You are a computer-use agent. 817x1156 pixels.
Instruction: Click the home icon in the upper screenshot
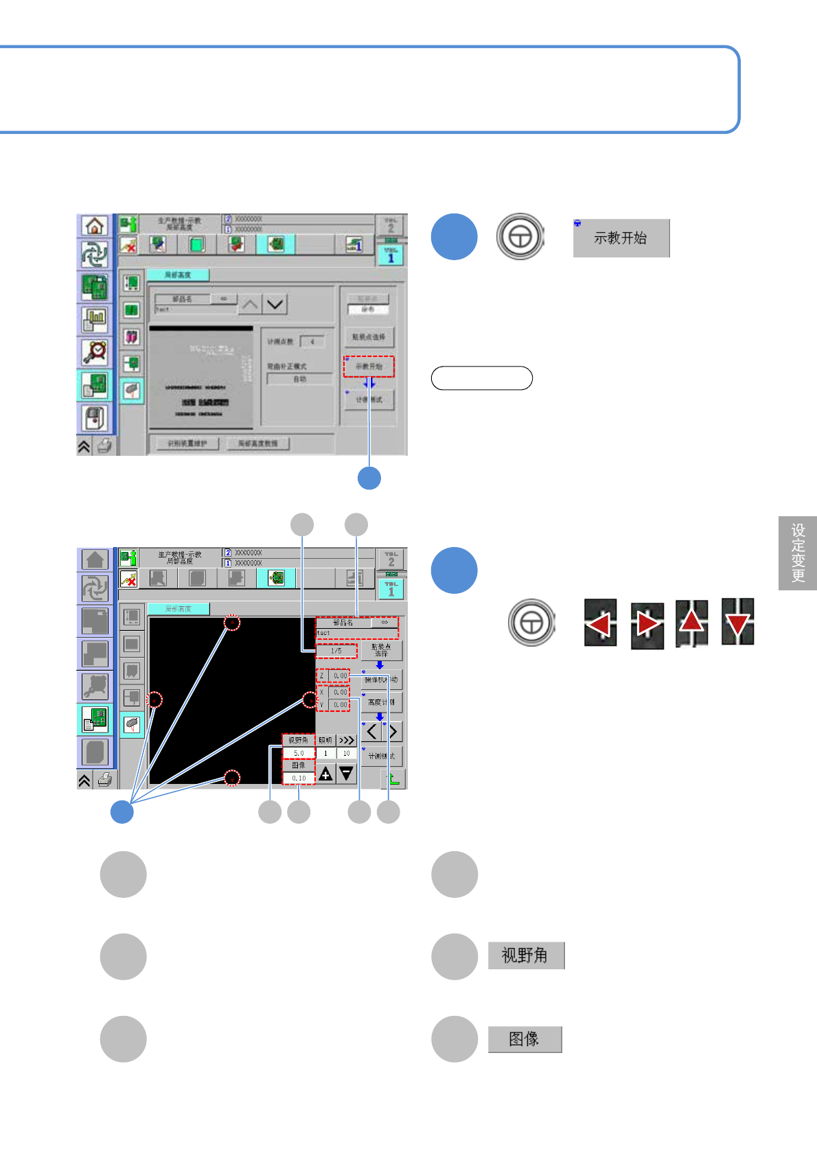[x=95, y=225]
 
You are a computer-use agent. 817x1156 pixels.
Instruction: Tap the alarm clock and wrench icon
[x=95, y=352]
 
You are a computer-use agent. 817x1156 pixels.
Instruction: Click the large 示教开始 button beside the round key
[x=621, y=238]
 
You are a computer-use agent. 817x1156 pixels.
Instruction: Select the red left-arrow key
[x=600, y=623]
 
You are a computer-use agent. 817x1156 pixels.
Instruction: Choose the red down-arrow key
[x=737, y=622]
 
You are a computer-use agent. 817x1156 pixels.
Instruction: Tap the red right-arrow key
[x=647, y=624]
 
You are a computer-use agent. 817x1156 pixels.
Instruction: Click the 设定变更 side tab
[x=798, y=553]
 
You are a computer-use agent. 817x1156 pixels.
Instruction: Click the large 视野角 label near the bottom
[x=526, y=955]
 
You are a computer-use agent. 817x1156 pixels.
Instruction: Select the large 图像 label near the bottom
[x=525, y=1039]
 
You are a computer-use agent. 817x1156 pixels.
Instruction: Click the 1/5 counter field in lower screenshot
[x=336, y=650]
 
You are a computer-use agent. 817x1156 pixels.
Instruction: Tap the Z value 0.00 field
[x=340, y=675]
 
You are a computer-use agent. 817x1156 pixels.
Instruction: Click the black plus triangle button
[x=325, y=774]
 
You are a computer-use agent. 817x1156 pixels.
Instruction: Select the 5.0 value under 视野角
[x=299, y=753]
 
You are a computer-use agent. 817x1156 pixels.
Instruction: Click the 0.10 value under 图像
[x=299, y=778]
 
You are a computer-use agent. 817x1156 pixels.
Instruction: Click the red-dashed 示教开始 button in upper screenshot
[x=369, y=367]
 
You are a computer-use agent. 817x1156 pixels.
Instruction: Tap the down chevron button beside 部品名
[x=275, y=303]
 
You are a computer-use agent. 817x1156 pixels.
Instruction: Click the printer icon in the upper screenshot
[x=104, y=446]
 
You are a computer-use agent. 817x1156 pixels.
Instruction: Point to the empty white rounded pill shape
[x=481, y=378]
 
